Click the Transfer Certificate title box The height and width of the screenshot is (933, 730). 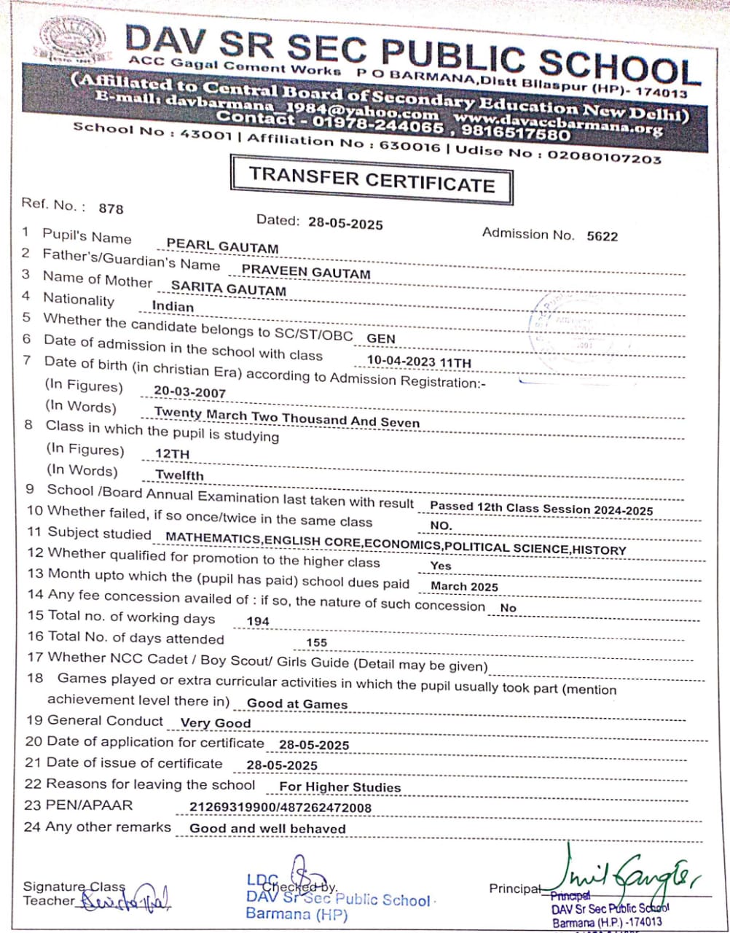(371, 179)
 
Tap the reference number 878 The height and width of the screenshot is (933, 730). (111, 208)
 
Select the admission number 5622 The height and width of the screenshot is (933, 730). (602, 235)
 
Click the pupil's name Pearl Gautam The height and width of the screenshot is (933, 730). (222, 247)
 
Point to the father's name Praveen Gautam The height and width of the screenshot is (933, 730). (306, 273)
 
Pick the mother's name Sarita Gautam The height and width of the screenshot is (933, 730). (228, 290)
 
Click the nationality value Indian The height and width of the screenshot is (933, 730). (173, 307)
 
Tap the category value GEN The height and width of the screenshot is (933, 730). (381, 338)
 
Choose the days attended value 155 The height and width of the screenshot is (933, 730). (317, 643)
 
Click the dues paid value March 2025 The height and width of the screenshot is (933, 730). (464, 586)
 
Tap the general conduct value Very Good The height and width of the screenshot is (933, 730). (215, 724)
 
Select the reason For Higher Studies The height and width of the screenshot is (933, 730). (340, 787)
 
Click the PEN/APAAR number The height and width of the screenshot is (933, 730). (280, 808)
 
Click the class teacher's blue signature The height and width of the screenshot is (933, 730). (124, 902)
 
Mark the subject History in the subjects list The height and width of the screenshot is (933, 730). (599, 550)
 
